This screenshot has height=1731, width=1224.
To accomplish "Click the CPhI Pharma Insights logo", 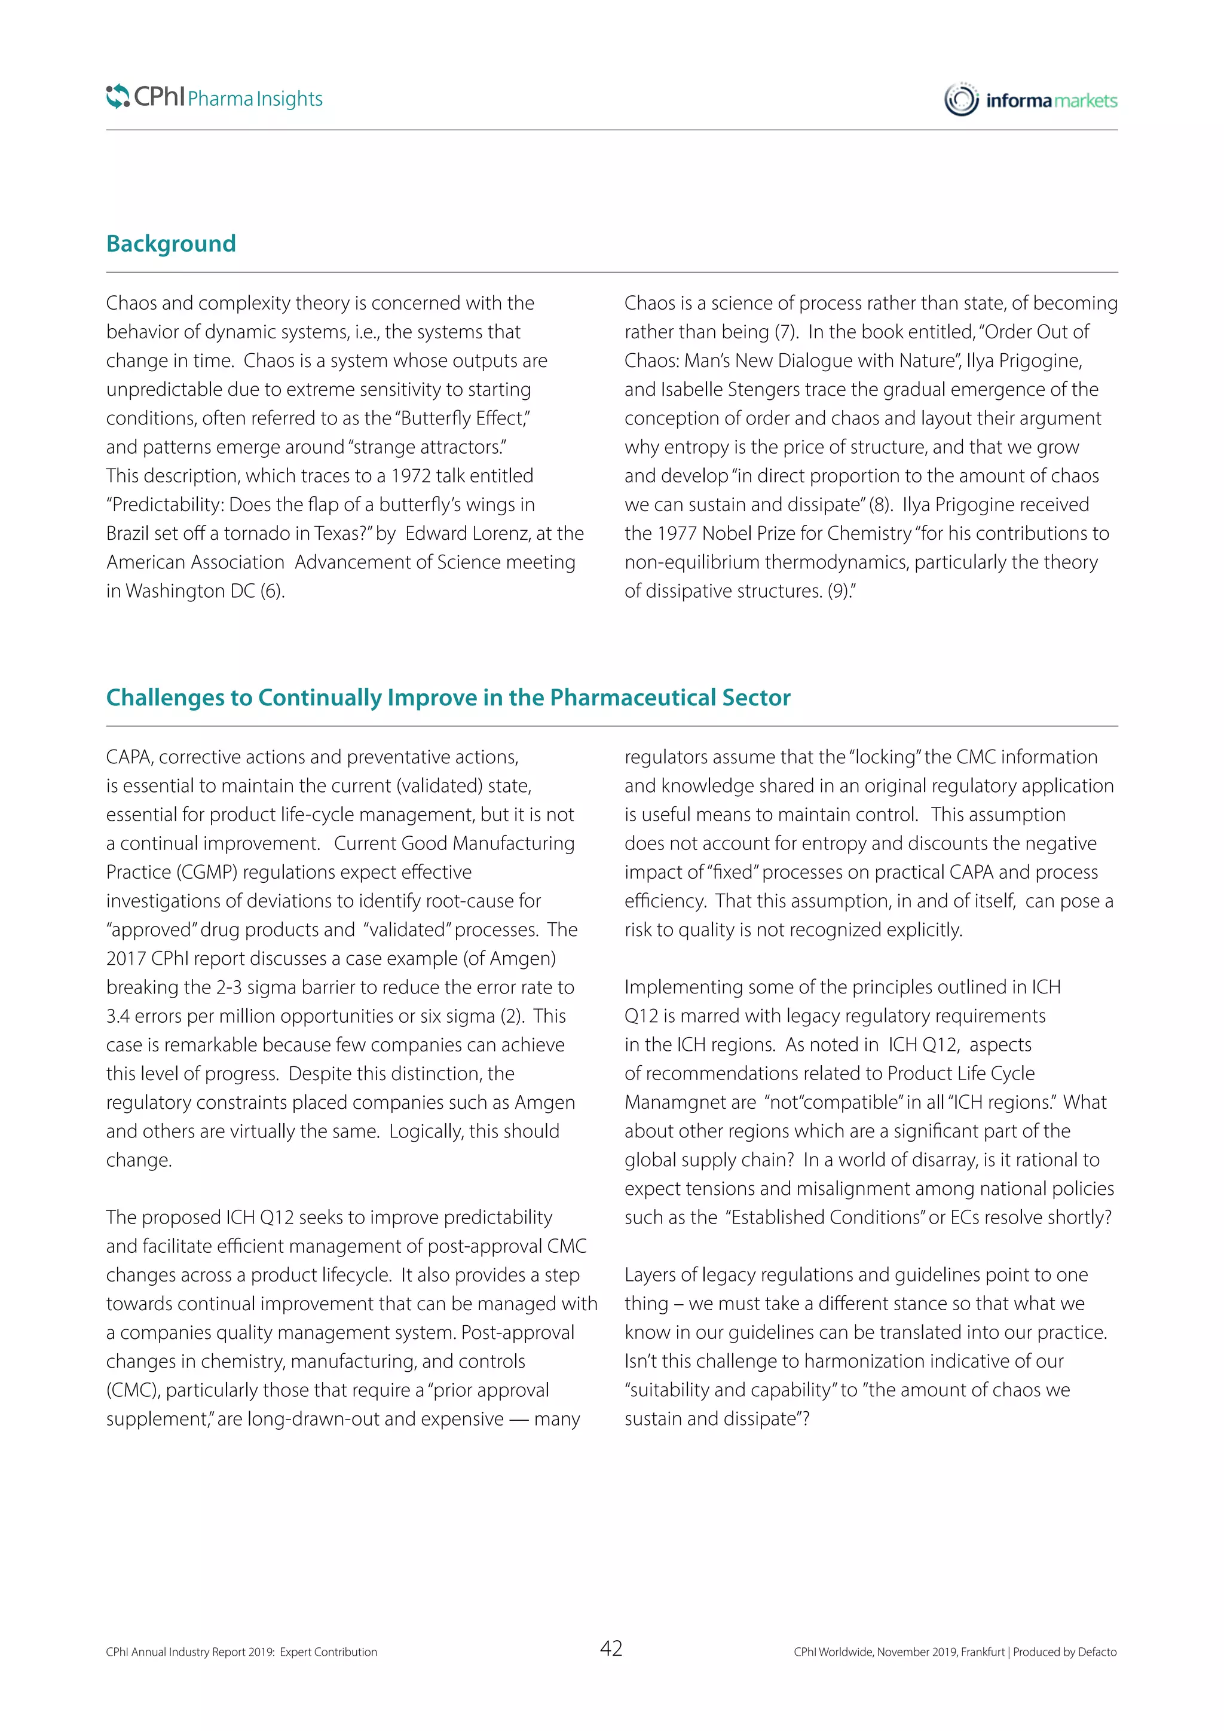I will [x=214, y=97].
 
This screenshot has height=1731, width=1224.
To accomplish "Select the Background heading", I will [x=171, y=243].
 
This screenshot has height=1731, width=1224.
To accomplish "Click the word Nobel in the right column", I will [x=725, y=534].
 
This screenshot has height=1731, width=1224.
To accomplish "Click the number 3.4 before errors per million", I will [x=118, y=1016].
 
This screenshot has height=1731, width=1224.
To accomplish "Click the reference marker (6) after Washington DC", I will [x=272, y=591].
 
